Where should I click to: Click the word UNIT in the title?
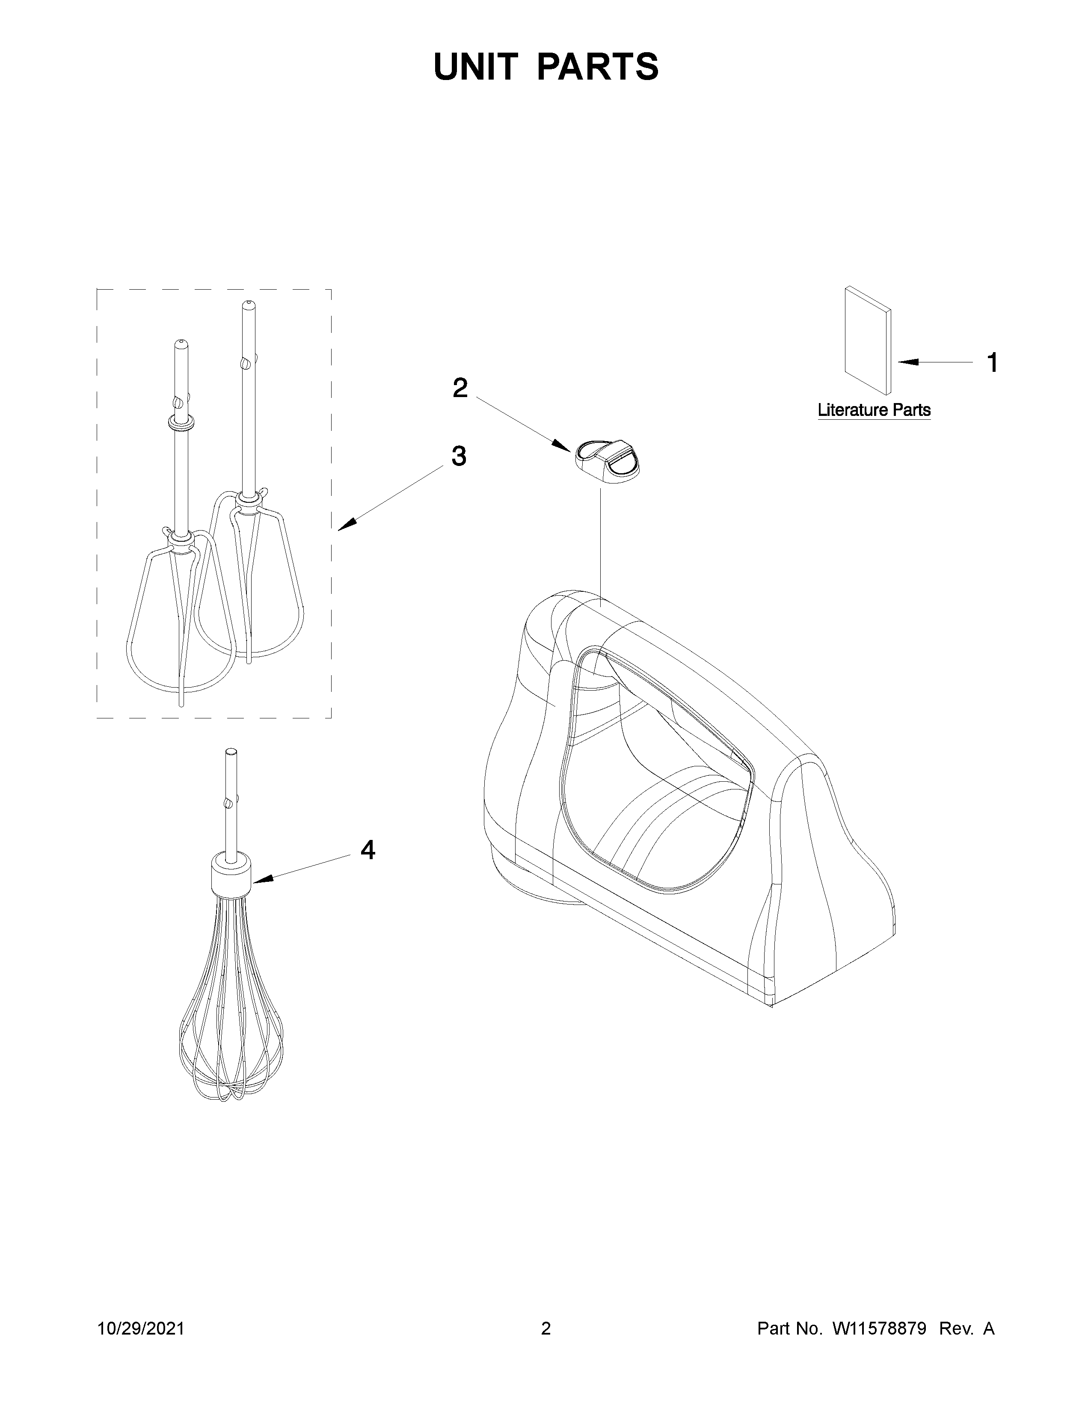[476, 67]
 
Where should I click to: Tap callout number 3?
[458, 457]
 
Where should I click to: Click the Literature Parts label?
[874, 410]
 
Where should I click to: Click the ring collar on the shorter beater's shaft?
[181, 423]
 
